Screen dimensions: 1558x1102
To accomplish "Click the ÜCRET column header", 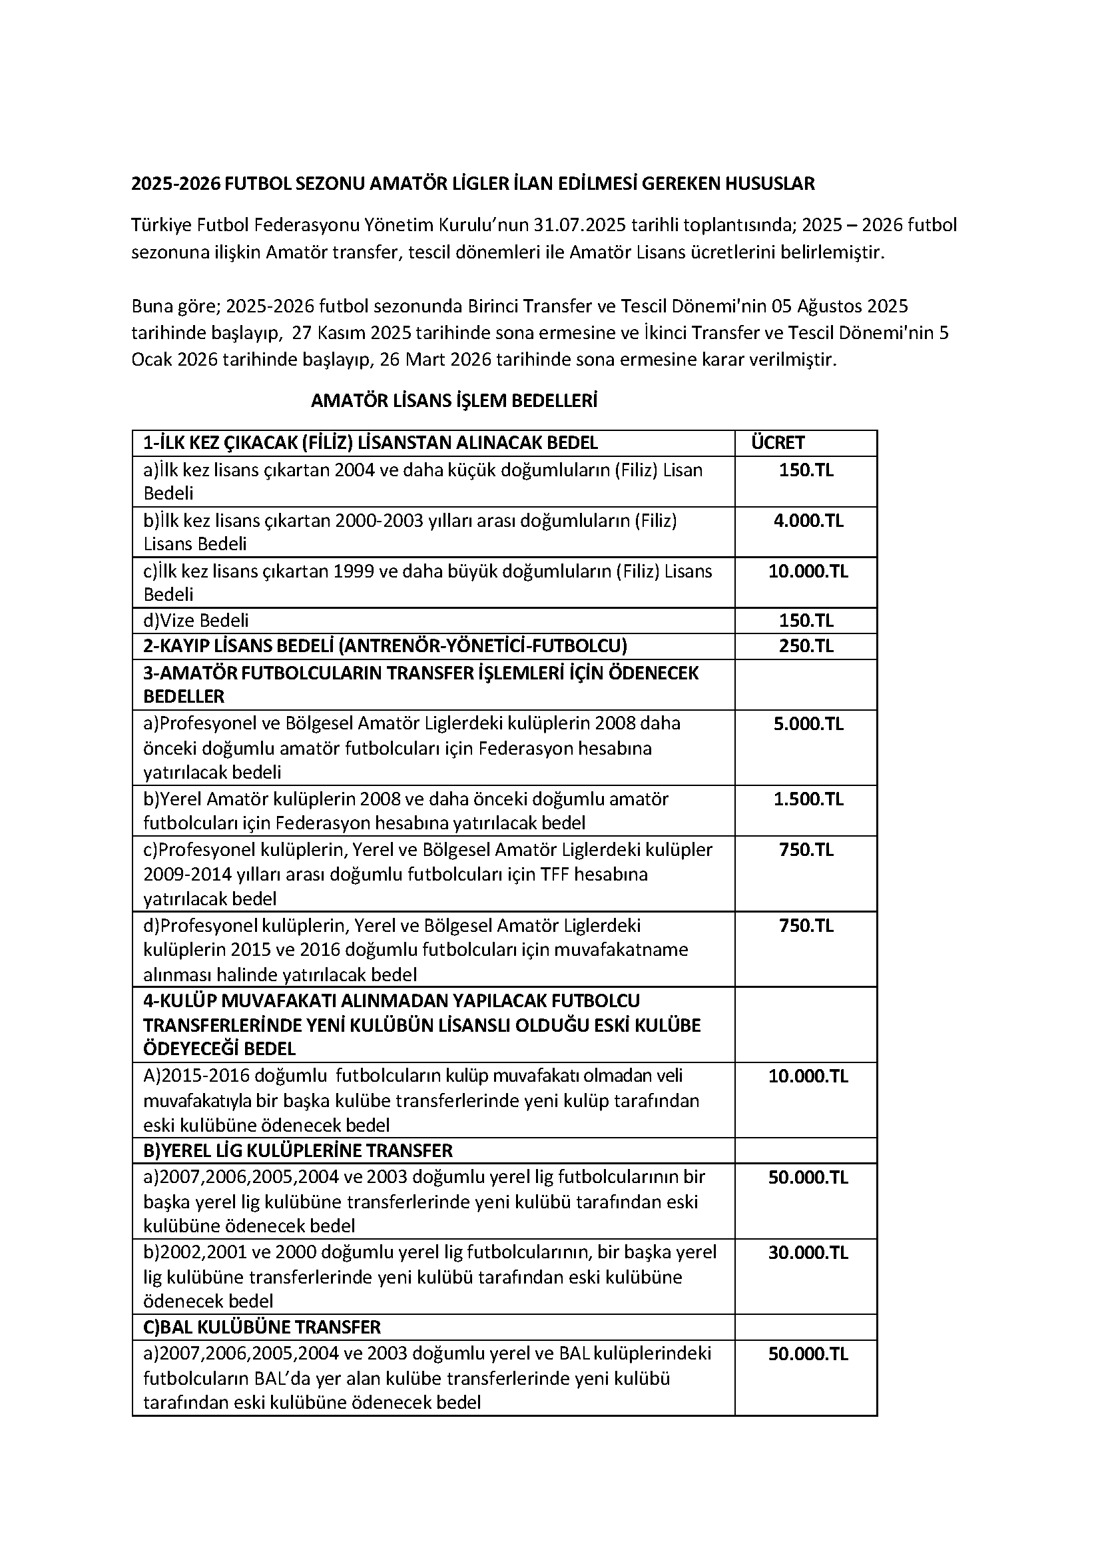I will [x=777, y=443].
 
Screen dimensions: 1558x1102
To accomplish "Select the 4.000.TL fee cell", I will [x=808, y=521].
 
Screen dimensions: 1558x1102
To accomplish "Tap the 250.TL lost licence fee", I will [x=806, y=645].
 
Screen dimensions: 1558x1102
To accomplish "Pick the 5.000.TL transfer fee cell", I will [x=808, y=723].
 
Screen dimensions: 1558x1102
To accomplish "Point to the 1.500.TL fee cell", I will [x=808, y=799].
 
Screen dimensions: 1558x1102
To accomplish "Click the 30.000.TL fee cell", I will [x=808, y=1252].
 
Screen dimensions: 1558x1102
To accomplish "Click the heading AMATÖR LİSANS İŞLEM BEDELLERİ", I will [x=454, y=401].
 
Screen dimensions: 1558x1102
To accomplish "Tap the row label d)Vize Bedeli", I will [x=196, y=621].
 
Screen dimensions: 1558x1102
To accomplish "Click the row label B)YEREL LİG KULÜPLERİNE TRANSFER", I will [x=298, y=1150].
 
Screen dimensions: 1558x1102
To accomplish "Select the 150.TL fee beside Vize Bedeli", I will [x=806, y=621].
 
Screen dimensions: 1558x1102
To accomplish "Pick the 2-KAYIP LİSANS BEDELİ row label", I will [x=385, y=645].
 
